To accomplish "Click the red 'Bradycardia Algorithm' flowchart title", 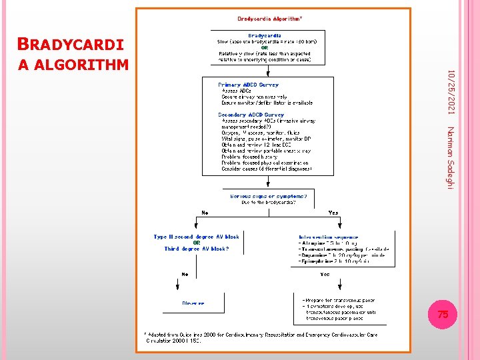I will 270,19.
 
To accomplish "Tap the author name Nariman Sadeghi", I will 451,157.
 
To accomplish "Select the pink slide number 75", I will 443,314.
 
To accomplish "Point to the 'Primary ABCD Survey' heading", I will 249,85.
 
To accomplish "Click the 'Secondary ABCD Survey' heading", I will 251,115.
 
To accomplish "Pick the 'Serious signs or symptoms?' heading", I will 269,196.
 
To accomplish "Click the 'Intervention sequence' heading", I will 329,237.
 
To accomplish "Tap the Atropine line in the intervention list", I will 329,243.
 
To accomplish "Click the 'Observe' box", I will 193,303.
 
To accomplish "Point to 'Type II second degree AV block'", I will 196,237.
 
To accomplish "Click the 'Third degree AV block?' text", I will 196,249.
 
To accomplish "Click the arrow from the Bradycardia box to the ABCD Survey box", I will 268,71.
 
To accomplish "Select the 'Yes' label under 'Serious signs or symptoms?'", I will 333,213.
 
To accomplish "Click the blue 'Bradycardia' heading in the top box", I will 265,35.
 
